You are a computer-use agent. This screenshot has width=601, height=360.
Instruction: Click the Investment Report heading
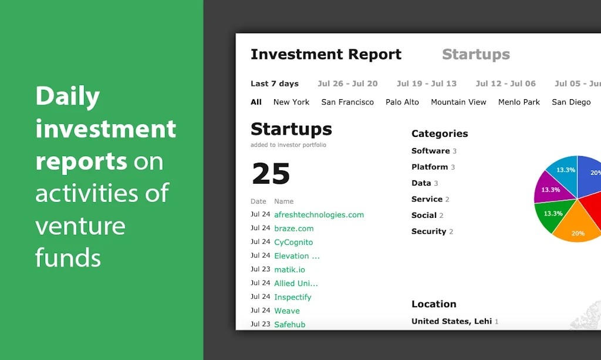tap(326, 55)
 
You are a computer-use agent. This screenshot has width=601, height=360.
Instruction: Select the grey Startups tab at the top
tap(475, 55)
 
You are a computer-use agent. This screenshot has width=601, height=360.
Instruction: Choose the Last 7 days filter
tap(274, 83)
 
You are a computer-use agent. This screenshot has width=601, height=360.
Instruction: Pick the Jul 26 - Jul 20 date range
tap(347, 83)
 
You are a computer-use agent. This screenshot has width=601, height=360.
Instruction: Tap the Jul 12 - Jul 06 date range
tap(505, 83)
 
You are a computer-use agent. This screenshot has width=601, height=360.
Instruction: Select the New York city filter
tap(291, 102)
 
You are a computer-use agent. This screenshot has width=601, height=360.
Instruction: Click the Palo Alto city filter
tap(402, 102)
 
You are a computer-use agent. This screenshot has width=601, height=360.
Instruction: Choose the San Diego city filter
tap(571, 102)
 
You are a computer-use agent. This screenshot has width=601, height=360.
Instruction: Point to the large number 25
tap(271, 174)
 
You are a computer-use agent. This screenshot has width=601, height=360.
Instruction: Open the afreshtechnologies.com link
tap(319, 215)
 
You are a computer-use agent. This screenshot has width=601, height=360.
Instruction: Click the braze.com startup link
tap(293, 228)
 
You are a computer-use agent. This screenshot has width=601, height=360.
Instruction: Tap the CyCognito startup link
tap(293, 242)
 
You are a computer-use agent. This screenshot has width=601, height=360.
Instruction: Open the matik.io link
tap(289, 270)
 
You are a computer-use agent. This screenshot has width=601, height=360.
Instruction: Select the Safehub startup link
tap(289, 324)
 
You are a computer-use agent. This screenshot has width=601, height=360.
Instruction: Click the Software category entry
tap(431, 151)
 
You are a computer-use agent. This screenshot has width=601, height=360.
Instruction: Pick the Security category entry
tap(429, 231)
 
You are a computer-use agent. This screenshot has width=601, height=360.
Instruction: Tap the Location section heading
tap(434, 304)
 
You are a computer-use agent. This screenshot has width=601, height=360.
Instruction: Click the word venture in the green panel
tap(80, 226)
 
